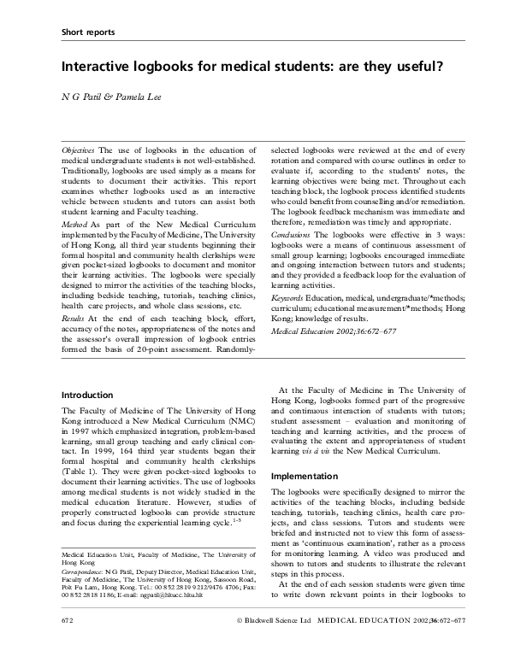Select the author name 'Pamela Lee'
(x=133, y=96)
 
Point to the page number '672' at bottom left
(x=70, y=640)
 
